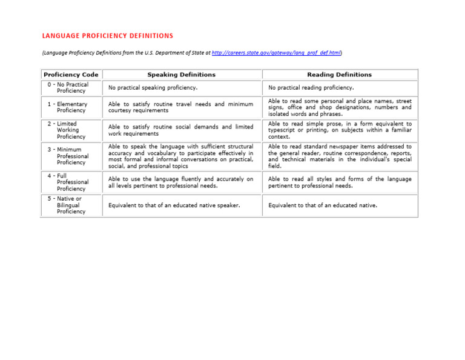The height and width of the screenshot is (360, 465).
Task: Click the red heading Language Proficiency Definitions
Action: tap(107, 36)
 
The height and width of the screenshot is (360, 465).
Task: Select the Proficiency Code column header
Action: tap(70, 75)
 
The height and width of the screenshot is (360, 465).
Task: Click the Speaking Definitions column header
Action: tap(181, 75)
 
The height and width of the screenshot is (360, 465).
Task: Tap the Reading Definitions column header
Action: tap(340, 75)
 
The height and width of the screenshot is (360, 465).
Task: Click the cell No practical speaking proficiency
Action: tap(153, 88)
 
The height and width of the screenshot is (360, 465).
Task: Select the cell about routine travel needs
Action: tap(180, 107)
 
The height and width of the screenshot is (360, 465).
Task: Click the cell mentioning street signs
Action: tap(340, 107)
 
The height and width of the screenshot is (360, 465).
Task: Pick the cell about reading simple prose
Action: tap(340, 130)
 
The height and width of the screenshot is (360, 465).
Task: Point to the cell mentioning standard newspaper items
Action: tap(340, 156)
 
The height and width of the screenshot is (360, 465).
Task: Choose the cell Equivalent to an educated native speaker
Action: tap(174, 205)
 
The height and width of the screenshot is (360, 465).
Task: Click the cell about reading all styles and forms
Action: tap(340, 182)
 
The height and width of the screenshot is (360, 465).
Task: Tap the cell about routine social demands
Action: tap(180, 130)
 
